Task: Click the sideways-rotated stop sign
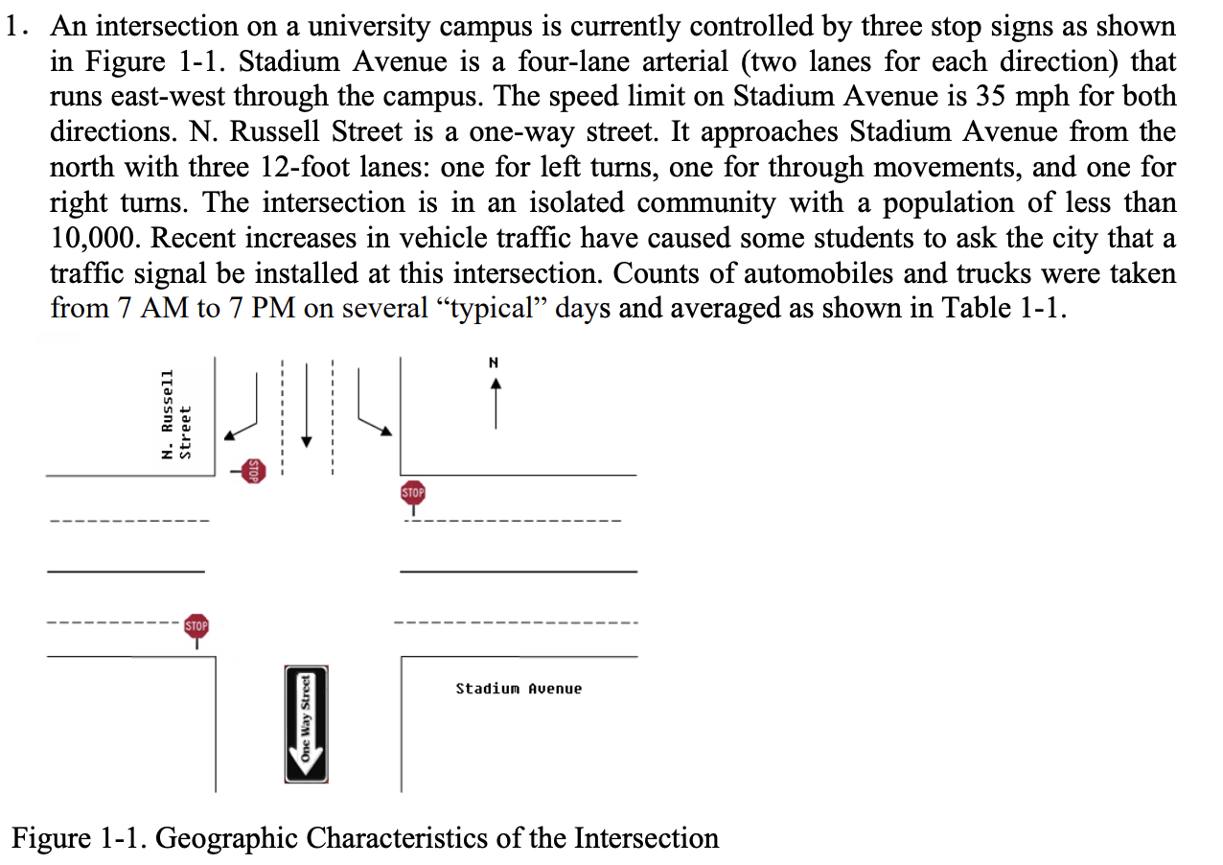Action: click(252, 470)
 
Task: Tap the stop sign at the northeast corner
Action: click(412, 494)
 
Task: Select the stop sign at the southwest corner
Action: click(196, 627)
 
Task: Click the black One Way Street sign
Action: click(307, 724)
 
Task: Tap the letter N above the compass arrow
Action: click(495, 362)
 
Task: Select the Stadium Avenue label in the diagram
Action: click(519, 689)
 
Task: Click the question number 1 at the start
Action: click(14, 27)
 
